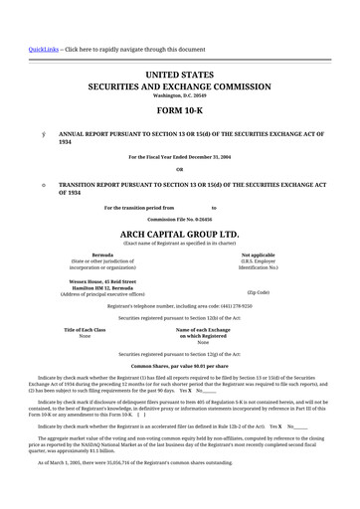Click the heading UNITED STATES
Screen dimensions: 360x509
(179, 75)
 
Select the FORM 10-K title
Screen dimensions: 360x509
(179, 110)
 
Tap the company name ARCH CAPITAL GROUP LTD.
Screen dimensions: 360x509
(179, 234)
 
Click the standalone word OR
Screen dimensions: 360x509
(179, 169)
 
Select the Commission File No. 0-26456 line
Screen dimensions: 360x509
(179, 219)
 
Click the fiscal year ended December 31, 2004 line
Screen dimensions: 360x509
(179, 157)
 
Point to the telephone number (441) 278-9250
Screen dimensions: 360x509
(236, 305)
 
